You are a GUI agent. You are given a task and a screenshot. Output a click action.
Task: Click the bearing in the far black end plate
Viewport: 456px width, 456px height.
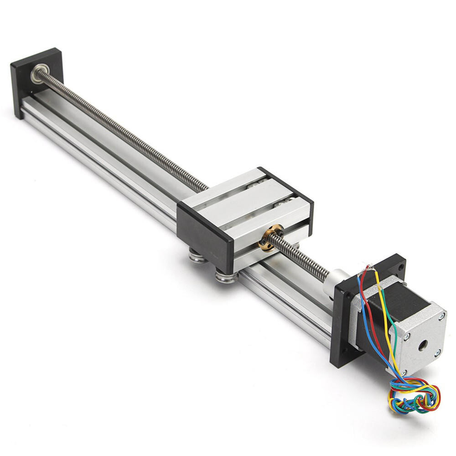click(x=38, y=72)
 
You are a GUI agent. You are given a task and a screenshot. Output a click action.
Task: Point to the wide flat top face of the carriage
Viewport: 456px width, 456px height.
click(x=242, y=196)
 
